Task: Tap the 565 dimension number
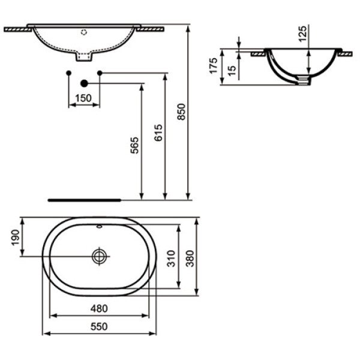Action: (135, 146)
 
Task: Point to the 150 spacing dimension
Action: (83, 98)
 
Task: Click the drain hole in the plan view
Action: (99, 256)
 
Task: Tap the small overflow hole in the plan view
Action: (99, 227)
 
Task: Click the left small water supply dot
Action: (69, 73)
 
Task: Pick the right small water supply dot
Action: (100, 73)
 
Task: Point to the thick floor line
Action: (84, 197)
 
